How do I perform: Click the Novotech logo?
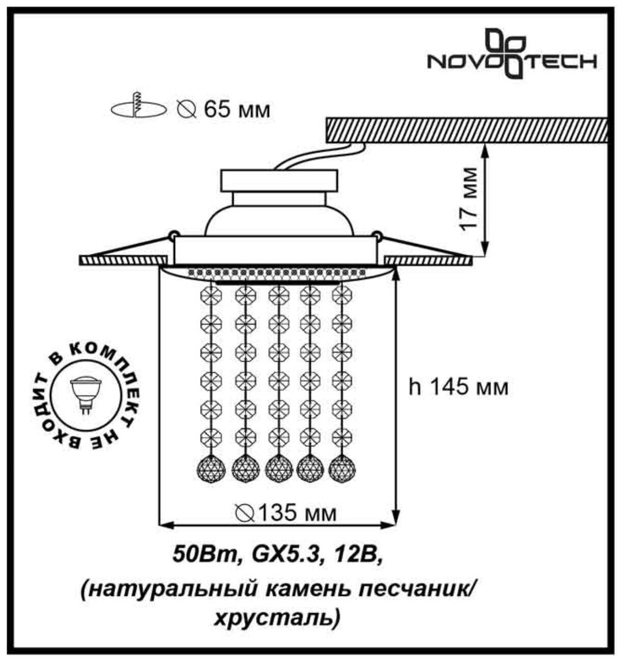point(511,55)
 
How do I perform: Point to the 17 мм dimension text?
point(470,198)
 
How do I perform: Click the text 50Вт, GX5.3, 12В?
point(277,553)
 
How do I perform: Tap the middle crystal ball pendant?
point(278,467)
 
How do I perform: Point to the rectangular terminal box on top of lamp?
point(279,180)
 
